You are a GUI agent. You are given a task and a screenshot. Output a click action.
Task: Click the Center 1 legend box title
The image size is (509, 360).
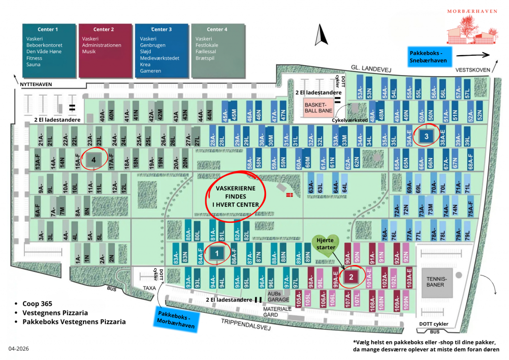(48, 29)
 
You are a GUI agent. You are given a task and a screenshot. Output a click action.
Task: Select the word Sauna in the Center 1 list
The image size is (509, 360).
(34, 65)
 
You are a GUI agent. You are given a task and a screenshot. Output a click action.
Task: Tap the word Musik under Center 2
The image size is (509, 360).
(89, 52)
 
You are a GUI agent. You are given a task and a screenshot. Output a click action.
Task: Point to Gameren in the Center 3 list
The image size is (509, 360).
(151, 71)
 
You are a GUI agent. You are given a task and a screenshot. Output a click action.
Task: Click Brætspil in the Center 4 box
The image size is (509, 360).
(206, 58)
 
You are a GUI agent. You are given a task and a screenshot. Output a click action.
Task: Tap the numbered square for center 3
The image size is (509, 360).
(425, 135)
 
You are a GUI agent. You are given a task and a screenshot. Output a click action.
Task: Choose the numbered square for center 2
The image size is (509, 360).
(351, 276)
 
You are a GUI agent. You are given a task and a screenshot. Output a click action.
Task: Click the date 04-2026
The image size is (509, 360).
(18, 349)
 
